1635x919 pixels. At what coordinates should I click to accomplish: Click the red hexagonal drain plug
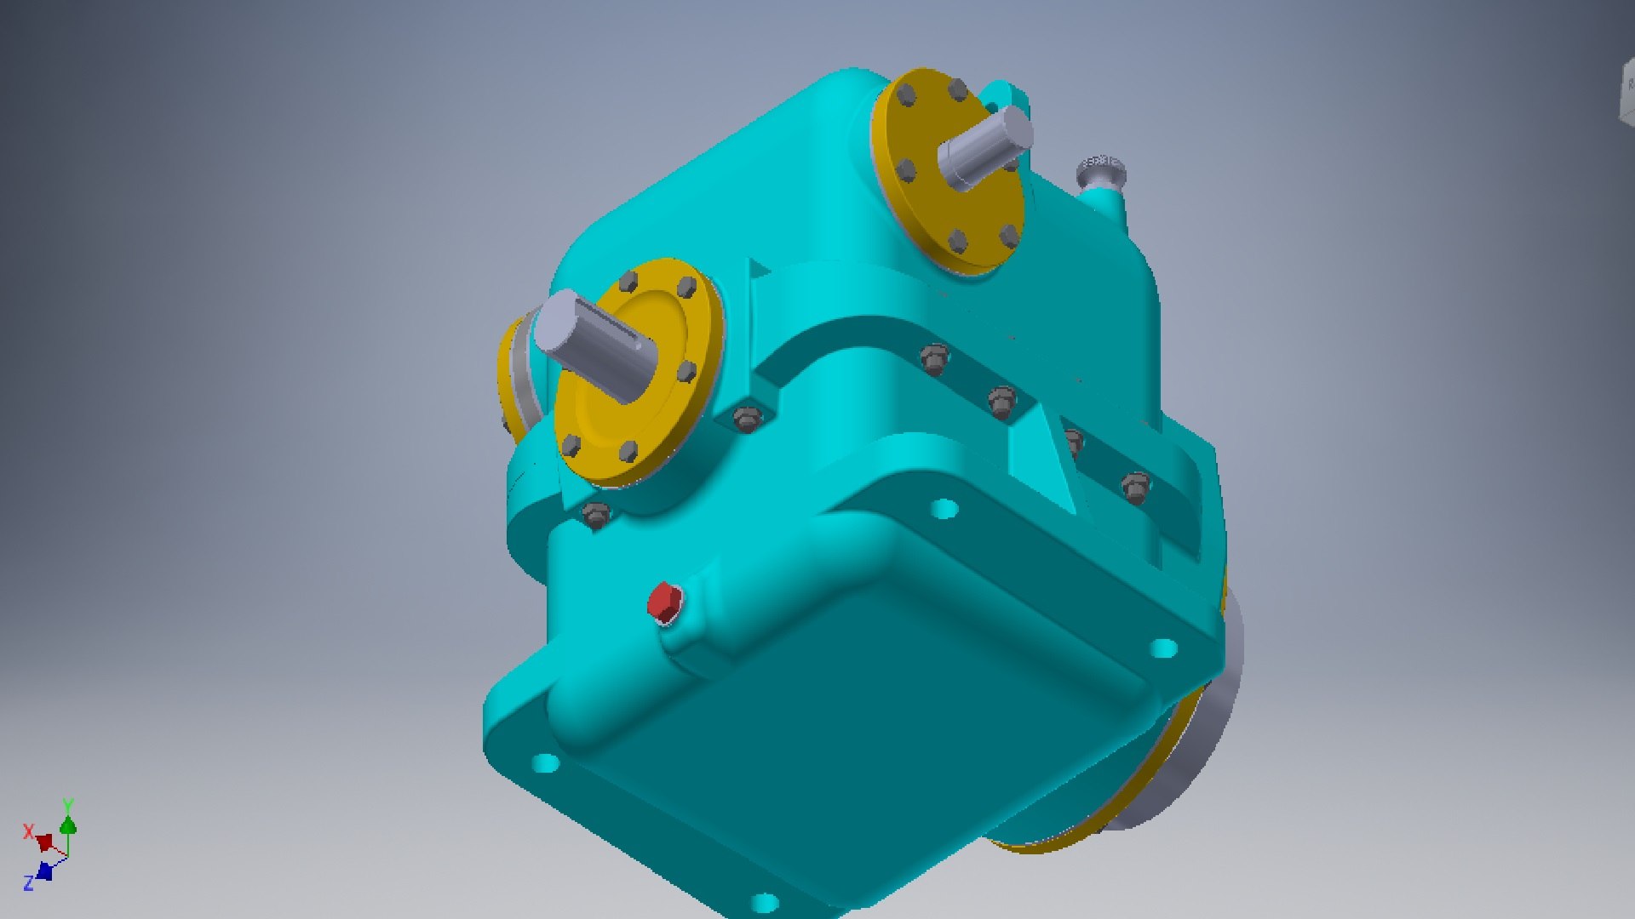click(664, 602)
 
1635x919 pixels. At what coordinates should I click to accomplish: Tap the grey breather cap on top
click(1101, 171)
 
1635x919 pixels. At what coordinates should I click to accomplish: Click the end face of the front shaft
click(558, 324)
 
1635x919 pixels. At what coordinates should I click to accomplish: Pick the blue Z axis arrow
click(44, 871)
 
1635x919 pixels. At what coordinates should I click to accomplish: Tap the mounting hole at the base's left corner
click(545, 762)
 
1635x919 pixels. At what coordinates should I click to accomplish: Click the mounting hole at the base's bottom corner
click(764, 902)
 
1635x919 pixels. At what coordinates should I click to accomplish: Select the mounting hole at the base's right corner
click(1164, 648)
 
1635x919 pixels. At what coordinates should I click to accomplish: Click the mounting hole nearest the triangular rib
click(944, 510)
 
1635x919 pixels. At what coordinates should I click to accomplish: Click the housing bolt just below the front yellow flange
click(595, 514)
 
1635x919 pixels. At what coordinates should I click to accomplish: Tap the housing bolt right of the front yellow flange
click(748, 420)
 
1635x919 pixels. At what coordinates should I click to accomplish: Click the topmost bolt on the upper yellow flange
click(957, 89)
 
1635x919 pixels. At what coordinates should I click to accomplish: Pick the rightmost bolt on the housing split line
click(1135, 488)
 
